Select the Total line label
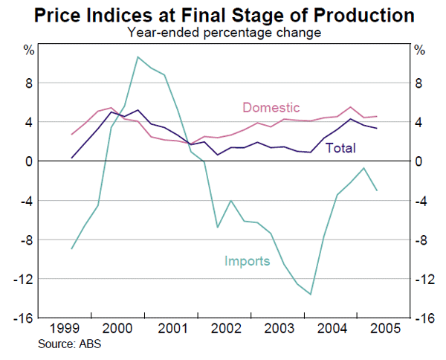(x=340, y=148)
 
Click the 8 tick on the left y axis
(x=30, y=83)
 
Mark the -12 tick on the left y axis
(x=25, y=279)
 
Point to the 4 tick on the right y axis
(x=419, y=122)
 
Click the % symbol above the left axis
(x=28, y=51)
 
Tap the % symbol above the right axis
(x=419, y=51)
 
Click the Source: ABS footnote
(x=71, y=344)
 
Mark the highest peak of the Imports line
(x=138, y=57)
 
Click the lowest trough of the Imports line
(x=311, y=295)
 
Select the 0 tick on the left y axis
(x=30, y=161)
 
